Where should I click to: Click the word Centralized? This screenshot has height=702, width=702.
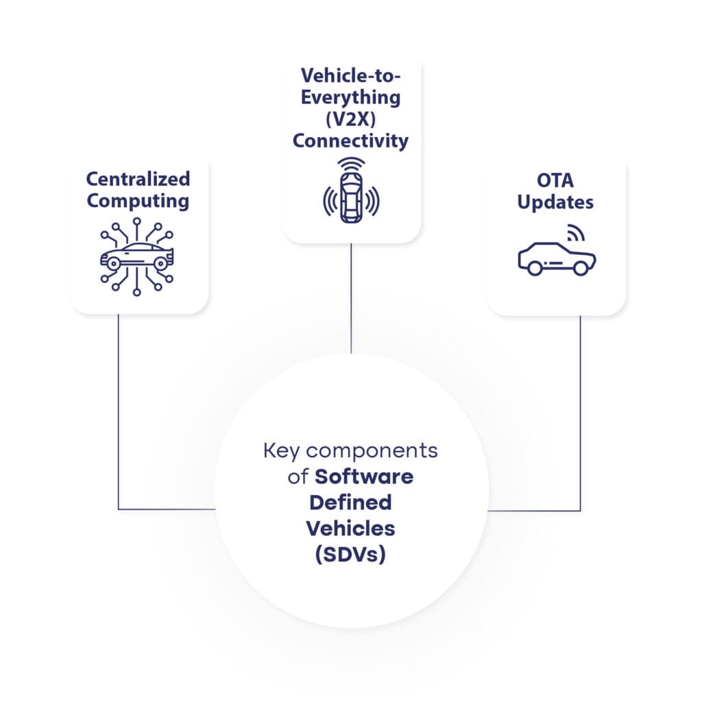[x=138, y=180]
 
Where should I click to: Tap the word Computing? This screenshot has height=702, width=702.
[x=138, y=201]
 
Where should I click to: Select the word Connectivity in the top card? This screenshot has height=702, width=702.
[x=350, y=141]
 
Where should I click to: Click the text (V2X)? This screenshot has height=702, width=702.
[x=350, y=119]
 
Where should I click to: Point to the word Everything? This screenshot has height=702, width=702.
[x=350, y=97]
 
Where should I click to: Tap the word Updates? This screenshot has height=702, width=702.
[x=556, y=204]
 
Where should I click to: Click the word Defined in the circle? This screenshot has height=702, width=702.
[x=350, y=503]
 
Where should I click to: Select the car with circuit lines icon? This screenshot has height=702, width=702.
[x=137, y=256]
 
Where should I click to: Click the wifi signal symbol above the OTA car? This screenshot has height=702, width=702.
[x=575, y=235]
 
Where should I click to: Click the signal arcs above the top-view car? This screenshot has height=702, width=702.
[x=350, y=165]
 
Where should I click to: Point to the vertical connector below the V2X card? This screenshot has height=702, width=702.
[x=351, y=298]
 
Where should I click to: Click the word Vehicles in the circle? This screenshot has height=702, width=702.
[x=350, y=528]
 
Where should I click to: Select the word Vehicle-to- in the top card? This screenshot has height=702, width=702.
[x=350, y=75]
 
